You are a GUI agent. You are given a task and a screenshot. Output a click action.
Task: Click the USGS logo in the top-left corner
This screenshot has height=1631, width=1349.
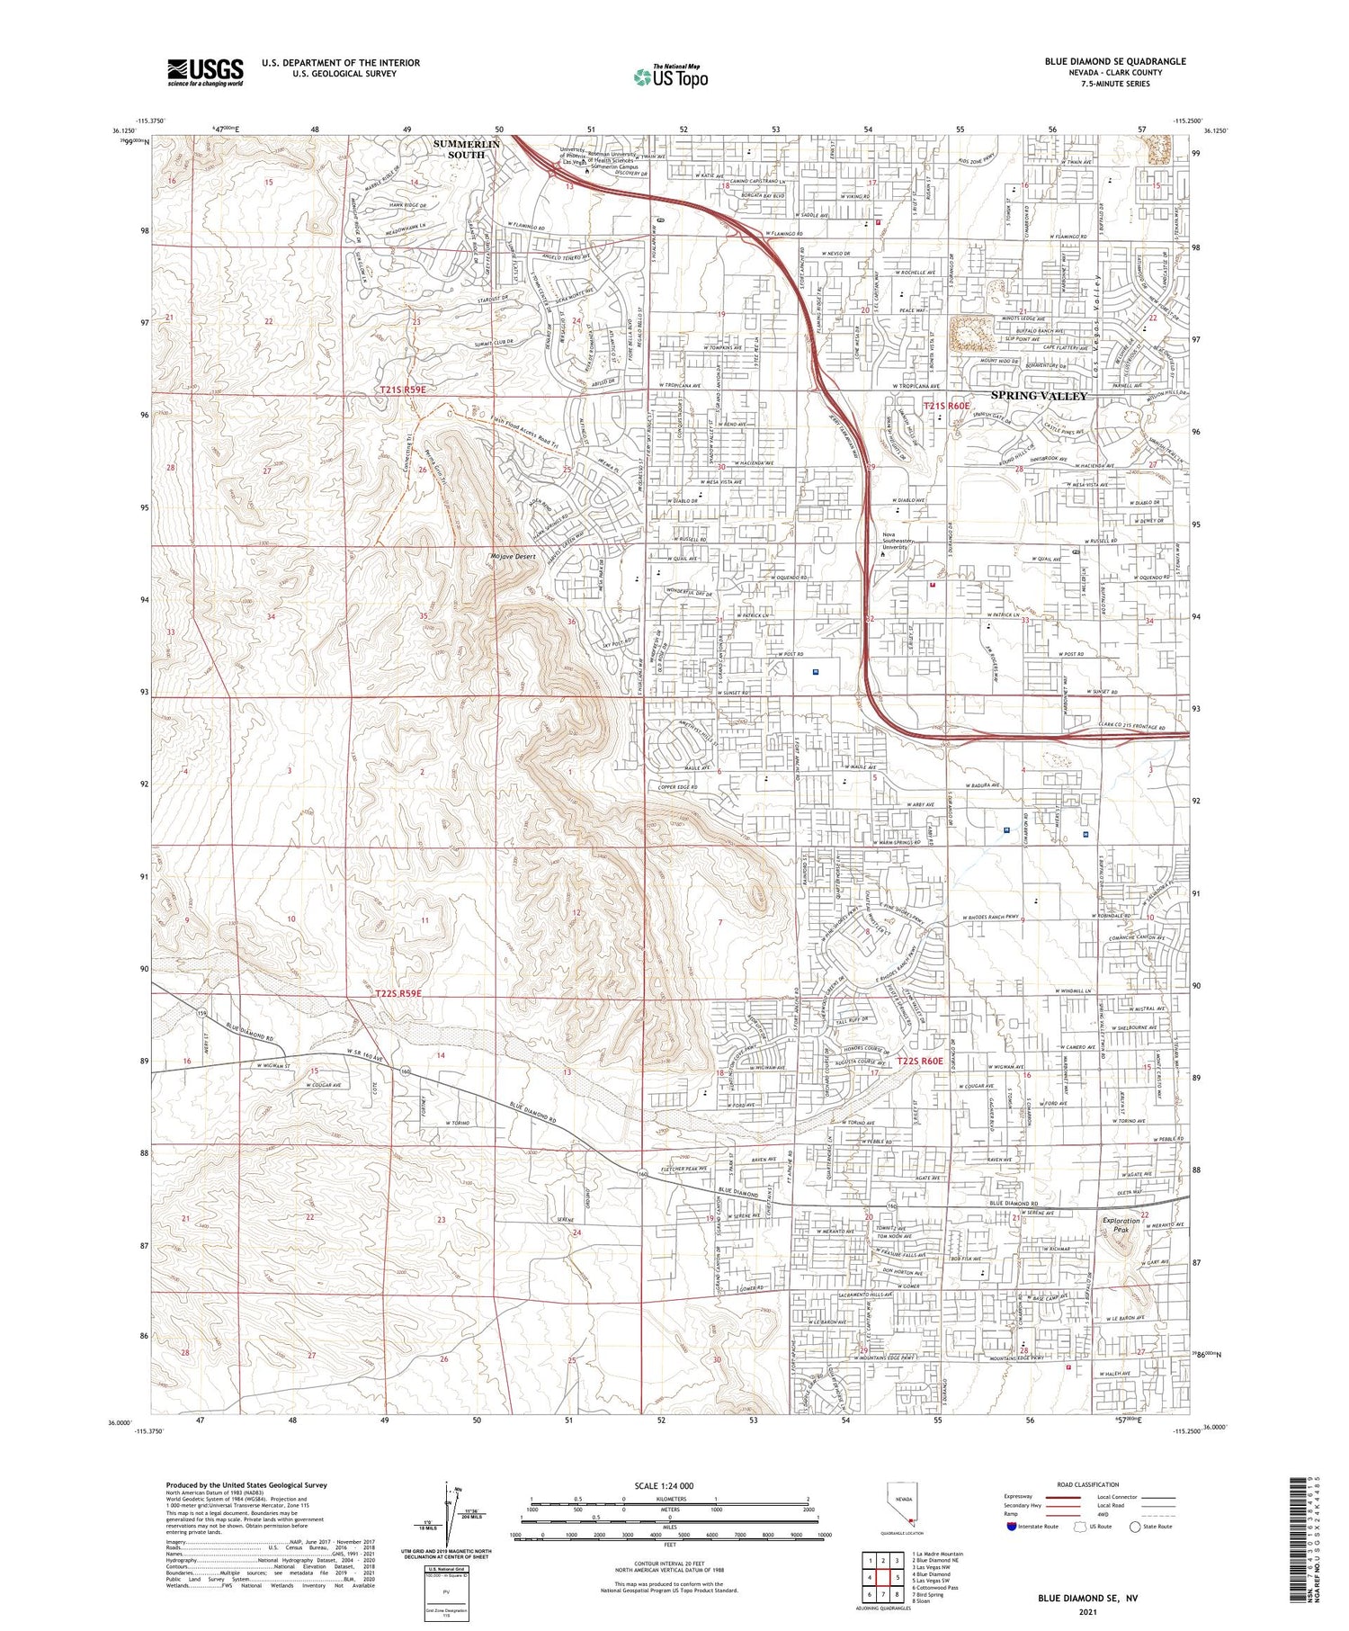click(205, 72)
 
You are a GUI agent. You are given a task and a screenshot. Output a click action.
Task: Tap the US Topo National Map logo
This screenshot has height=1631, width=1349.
click(671, 76)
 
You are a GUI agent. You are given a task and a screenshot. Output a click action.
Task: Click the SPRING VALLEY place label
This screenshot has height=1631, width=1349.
click(1039, 396)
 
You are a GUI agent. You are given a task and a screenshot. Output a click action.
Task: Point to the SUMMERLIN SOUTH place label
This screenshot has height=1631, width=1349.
click(466, 149)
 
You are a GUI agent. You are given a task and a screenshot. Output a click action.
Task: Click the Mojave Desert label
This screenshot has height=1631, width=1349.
click(514, 557)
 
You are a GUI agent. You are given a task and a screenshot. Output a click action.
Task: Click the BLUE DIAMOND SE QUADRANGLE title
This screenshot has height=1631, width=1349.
click(1102, 61)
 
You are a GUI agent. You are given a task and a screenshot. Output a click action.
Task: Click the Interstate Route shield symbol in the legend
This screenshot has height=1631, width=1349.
click(1013, 1527)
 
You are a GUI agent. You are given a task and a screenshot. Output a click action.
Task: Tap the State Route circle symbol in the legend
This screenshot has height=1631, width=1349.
click(1135, 1527)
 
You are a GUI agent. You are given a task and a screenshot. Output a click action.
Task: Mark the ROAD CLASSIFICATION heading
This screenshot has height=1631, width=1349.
click(1089, 1484)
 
